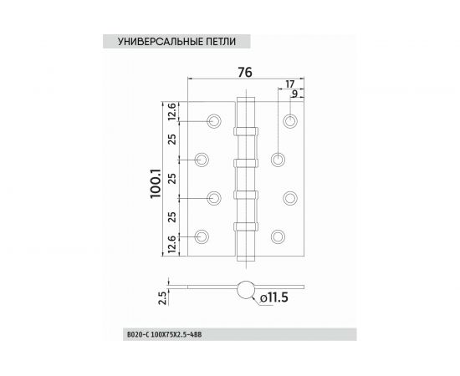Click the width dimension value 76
pyautogui.click(x=245, y=72)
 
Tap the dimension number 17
pyautogui.click(x=289, y=84)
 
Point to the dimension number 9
pyautogui.click(x=295, y=95)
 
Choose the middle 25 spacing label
pyautogui.click(x=170, y=178)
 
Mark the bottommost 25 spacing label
pyautogui.click(x=170, y=219)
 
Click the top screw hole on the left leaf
pyautogui.click(x=215, y=122)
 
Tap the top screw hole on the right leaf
pyautogui.click(x=290, y=122)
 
